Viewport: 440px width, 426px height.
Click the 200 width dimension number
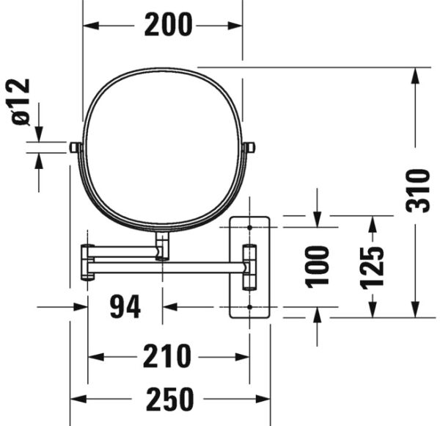coord(168,26)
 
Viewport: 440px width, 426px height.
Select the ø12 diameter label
coord(22,102)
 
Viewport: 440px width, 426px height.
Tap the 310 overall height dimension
coord(417,190)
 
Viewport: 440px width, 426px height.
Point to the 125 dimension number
coord(373,267)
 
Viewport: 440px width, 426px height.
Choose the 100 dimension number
coord(318,266)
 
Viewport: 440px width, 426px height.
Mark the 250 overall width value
coord(169,400)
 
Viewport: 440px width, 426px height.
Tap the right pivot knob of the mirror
coord(249,148)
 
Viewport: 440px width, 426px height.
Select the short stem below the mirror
coord(162,246)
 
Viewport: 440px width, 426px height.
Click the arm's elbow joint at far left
coord(87,262)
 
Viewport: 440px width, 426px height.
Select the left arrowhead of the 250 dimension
coord(76,400)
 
